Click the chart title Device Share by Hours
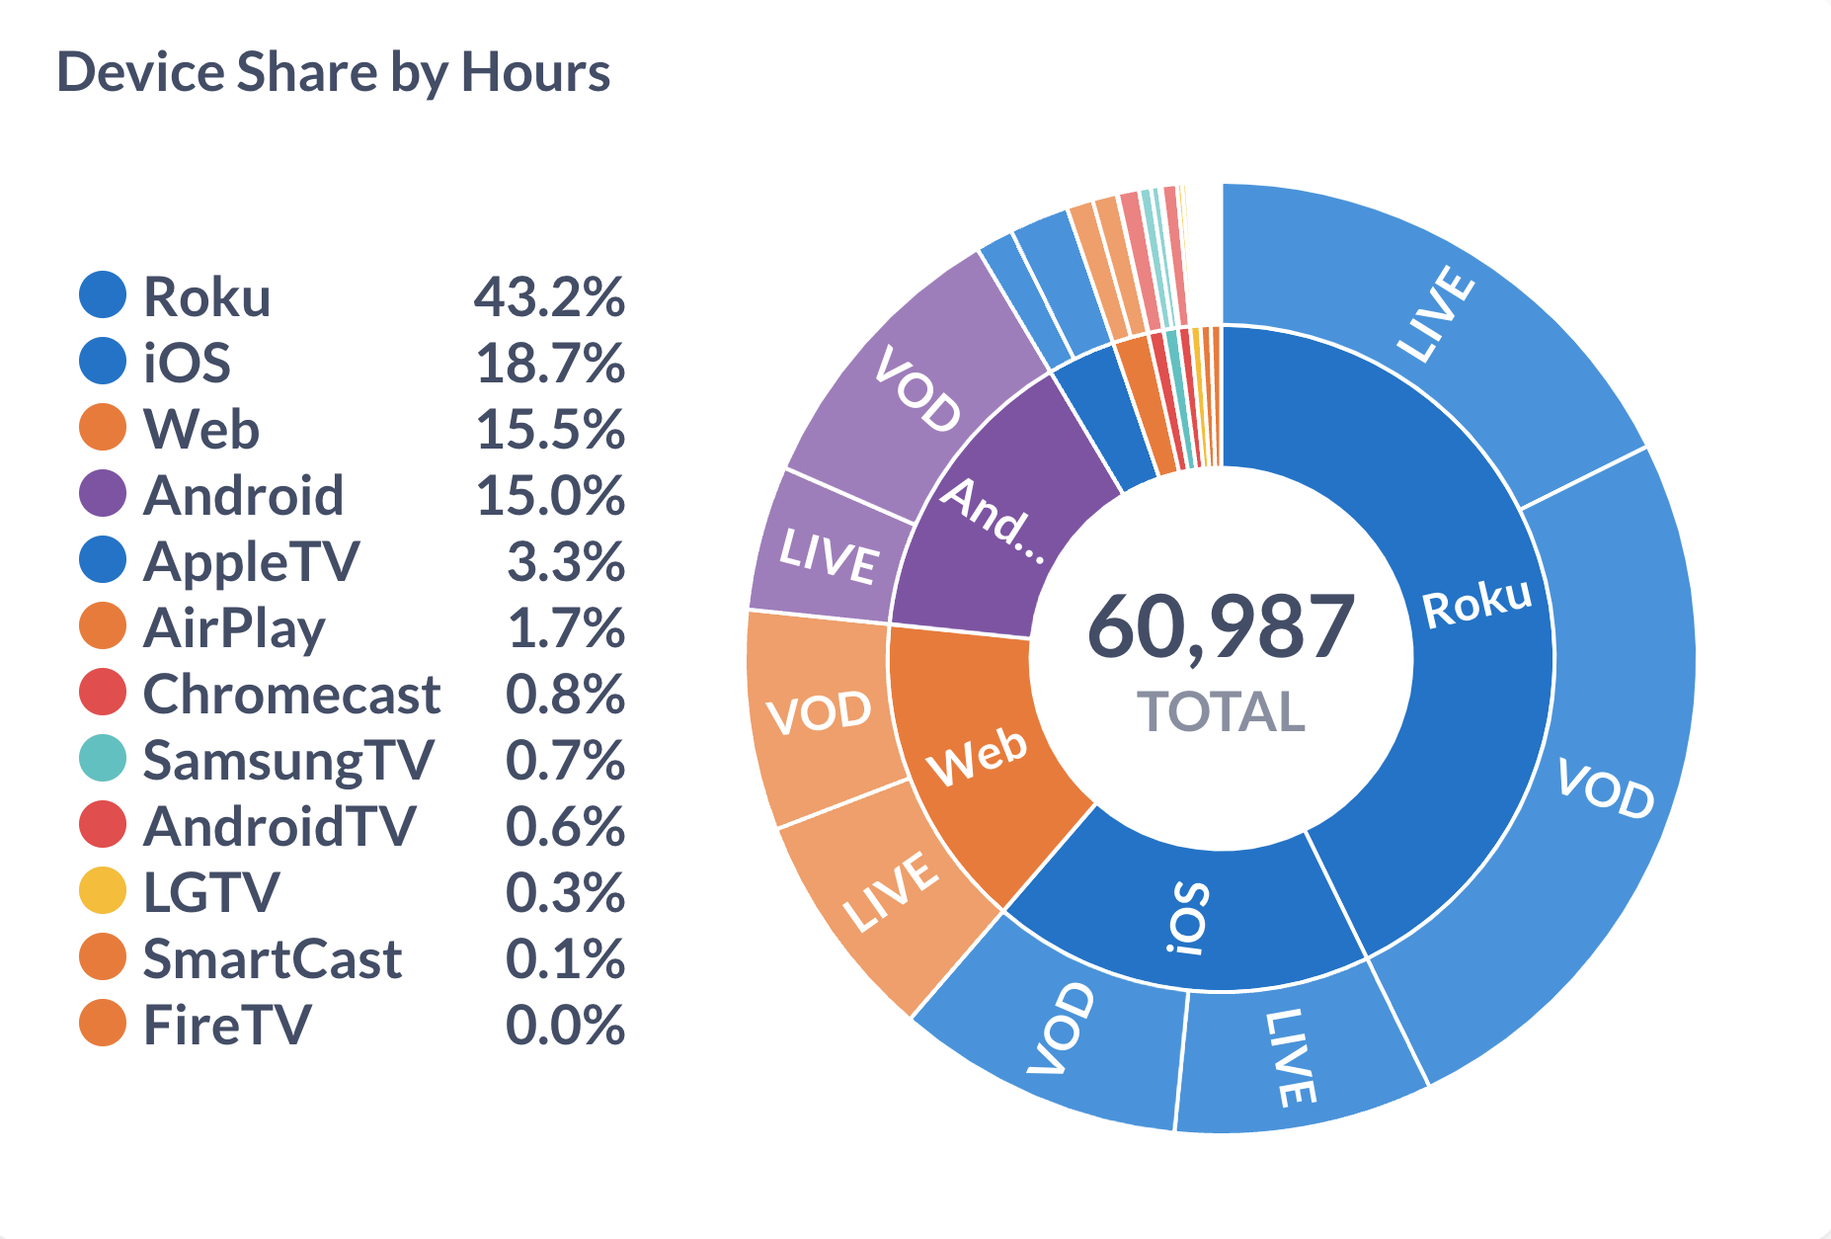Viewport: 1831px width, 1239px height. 333,72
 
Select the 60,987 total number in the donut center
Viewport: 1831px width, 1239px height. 1221,626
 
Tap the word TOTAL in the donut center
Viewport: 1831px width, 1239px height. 1221,711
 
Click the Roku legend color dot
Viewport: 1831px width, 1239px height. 103,295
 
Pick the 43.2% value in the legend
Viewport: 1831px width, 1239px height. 549,296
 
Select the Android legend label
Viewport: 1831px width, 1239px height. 243,495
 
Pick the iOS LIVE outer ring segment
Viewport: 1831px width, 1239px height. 1289,1057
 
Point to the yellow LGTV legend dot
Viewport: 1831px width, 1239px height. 103,891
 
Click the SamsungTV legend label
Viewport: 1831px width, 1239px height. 287,760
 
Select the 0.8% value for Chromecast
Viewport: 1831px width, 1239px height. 565,694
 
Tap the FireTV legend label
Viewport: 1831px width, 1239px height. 227,1025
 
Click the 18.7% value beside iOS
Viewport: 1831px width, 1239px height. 549,363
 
